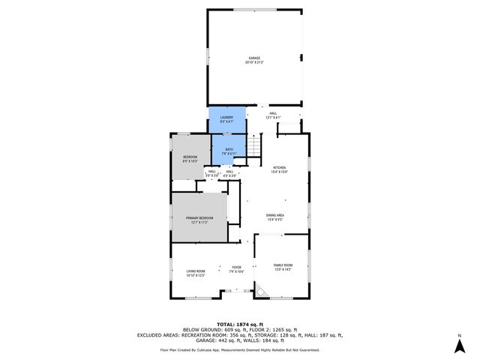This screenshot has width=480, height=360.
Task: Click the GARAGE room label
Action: point(255,58)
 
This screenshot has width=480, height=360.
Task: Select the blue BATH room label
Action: point(229,149)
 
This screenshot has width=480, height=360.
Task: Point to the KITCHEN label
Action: point(279,167)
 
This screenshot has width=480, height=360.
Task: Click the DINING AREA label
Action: point(274,215)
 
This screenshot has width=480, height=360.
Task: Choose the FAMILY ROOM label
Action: point(282,265)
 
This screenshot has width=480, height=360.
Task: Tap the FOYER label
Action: point(236,267)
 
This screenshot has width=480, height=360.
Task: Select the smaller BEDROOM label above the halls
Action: point(190,157)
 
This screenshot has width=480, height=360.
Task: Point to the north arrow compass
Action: point(459,343)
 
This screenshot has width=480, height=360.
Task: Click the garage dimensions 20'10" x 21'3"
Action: point(255,62)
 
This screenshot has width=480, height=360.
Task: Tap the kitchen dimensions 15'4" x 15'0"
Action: point(279,172)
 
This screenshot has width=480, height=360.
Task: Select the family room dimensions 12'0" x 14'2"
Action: point(282,270)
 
